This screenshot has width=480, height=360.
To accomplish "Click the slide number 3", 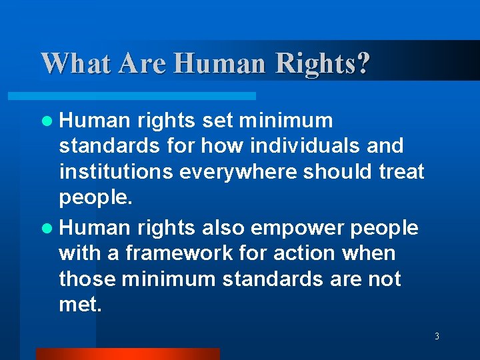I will coord(437,336).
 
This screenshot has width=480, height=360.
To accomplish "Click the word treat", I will coord(401,171).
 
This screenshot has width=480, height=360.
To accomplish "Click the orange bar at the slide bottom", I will coord(127,354).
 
